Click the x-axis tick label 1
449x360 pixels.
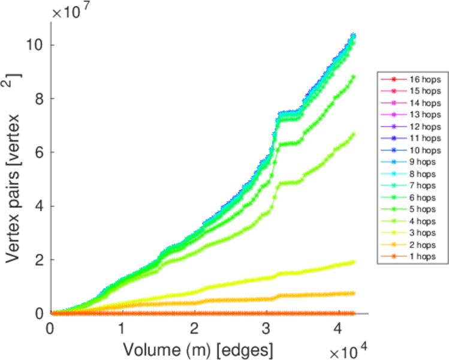[122, 329]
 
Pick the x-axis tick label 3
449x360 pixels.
[267, 329]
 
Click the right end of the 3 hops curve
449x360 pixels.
[354, 262]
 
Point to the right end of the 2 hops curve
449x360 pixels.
[354, 293]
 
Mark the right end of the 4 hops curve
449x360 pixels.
[354, 134]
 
